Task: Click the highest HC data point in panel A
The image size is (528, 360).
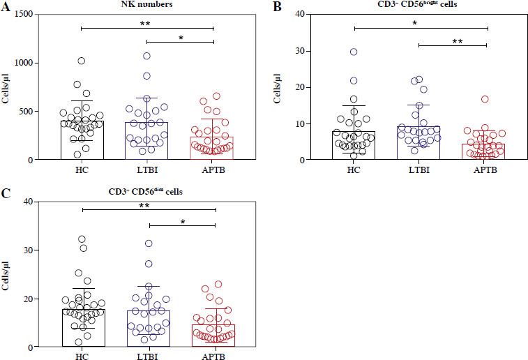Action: pos(82,61)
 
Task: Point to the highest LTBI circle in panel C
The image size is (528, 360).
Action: pos(149,243)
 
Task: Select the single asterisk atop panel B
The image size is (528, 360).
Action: pos(415,22)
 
